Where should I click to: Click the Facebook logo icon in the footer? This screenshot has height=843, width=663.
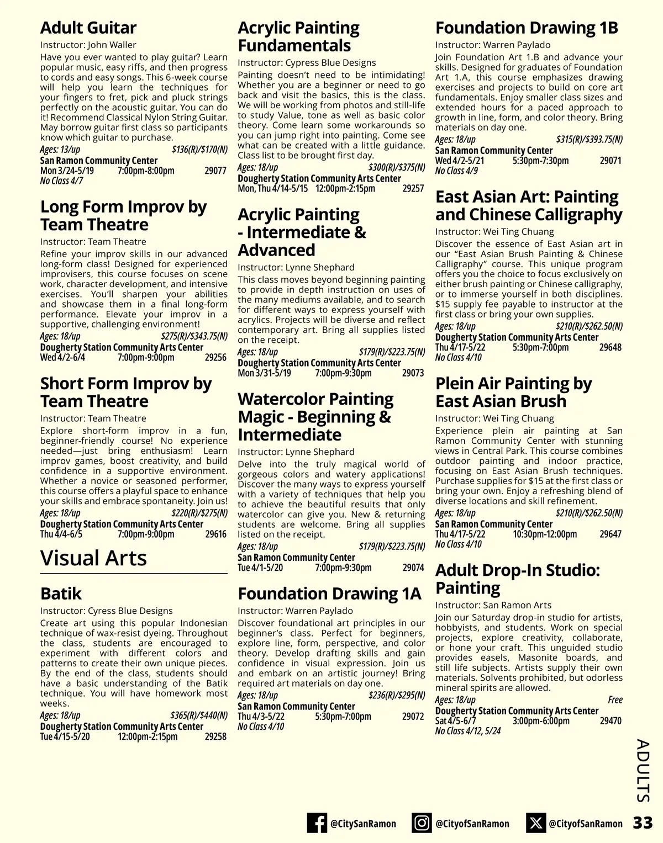coord(317,823)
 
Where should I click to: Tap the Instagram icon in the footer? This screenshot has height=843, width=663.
coord(422,823)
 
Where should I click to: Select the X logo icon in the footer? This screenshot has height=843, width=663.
coord(535,823)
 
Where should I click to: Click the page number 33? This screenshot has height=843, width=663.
coord(643,823)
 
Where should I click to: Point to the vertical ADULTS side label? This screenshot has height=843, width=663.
coord(643,771)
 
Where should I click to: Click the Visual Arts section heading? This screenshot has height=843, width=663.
coord(93,558)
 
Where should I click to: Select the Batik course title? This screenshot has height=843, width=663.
coord(61,593)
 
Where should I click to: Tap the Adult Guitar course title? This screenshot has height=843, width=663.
coord(88,28)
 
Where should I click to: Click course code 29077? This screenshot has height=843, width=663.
coord(215,171)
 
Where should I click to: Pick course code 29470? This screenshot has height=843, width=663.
coord(611,721)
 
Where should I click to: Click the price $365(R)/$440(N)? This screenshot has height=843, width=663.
coord(199,715)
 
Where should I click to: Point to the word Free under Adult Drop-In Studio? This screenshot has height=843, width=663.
coord(615,700)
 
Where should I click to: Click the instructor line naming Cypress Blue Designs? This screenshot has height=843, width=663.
coord(307,63)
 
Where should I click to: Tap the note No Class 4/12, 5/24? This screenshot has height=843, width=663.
coord(467,731)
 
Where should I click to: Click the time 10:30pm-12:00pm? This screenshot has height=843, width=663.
coord(545,534)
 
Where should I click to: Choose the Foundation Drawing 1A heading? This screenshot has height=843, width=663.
coord(329,593)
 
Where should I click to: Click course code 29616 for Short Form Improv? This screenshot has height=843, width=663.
coord(215,534)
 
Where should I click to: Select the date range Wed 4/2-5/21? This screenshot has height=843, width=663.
coord(460,161)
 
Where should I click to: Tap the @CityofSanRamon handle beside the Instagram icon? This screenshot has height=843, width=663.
coord(472,824)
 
